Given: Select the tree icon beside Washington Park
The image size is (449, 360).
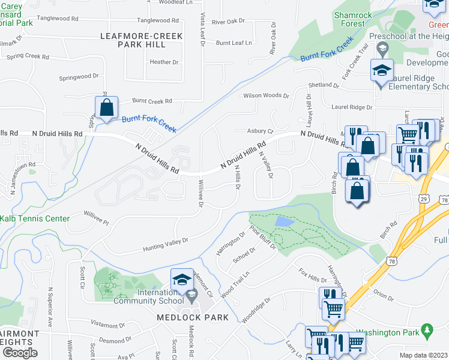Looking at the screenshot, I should [427, 330].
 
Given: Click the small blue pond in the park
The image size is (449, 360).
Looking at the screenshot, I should [283, 221].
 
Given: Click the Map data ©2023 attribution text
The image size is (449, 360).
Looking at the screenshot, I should [424, 355].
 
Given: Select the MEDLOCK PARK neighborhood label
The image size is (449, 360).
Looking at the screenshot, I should [193, 317].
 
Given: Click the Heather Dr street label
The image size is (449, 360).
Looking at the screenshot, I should [164, 62].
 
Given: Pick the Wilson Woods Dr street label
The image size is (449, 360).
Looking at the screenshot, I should [266, 95].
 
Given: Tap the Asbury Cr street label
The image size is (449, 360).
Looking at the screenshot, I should [260, 131].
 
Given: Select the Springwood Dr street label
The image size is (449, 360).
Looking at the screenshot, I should [79, 77].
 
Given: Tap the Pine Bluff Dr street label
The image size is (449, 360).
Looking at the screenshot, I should [263, 237].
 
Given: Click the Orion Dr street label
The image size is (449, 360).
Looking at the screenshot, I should [382, 293].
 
